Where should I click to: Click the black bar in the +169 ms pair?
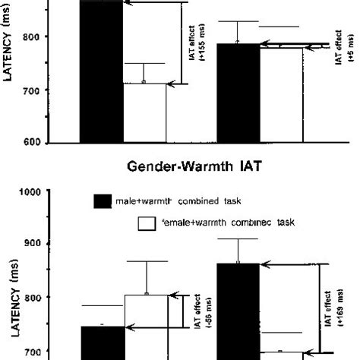click(x=238, y=311)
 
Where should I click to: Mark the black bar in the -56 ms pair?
click(x=101, y=343)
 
